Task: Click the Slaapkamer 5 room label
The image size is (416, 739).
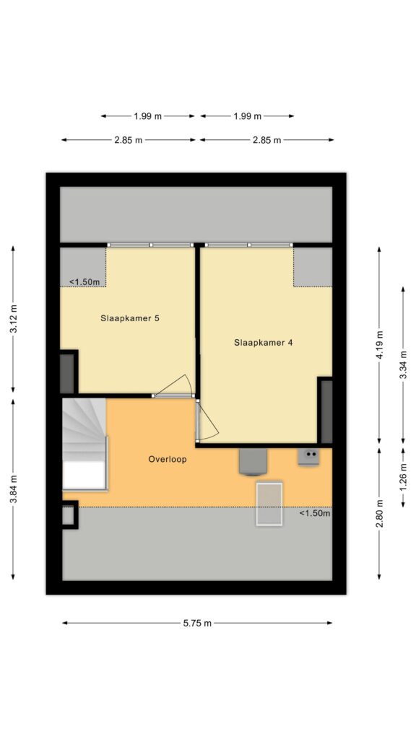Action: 130,318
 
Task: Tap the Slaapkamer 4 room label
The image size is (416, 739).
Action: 263,343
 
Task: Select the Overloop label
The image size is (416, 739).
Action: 168,459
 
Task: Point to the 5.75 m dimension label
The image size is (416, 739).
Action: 197,623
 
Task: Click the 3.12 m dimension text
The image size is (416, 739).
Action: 13,318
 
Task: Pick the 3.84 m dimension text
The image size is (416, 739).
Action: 13,489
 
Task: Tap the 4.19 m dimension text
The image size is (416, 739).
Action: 380,344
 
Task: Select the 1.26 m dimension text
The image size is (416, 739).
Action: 403,477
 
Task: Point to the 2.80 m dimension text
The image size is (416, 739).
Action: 380,514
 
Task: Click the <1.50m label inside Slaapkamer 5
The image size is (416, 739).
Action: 84,282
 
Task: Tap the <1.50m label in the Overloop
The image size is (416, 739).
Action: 315,513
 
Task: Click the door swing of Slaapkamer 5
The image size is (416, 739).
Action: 177,382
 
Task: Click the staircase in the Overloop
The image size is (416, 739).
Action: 85,444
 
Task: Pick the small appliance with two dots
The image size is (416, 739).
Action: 308,457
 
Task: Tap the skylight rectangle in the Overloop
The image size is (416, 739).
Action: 269,503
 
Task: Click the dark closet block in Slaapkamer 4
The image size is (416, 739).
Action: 326,411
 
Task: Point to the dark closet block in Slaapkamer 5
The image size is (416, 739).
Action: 69,372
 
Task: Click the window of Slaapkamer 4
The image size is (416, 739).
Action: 249,245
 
